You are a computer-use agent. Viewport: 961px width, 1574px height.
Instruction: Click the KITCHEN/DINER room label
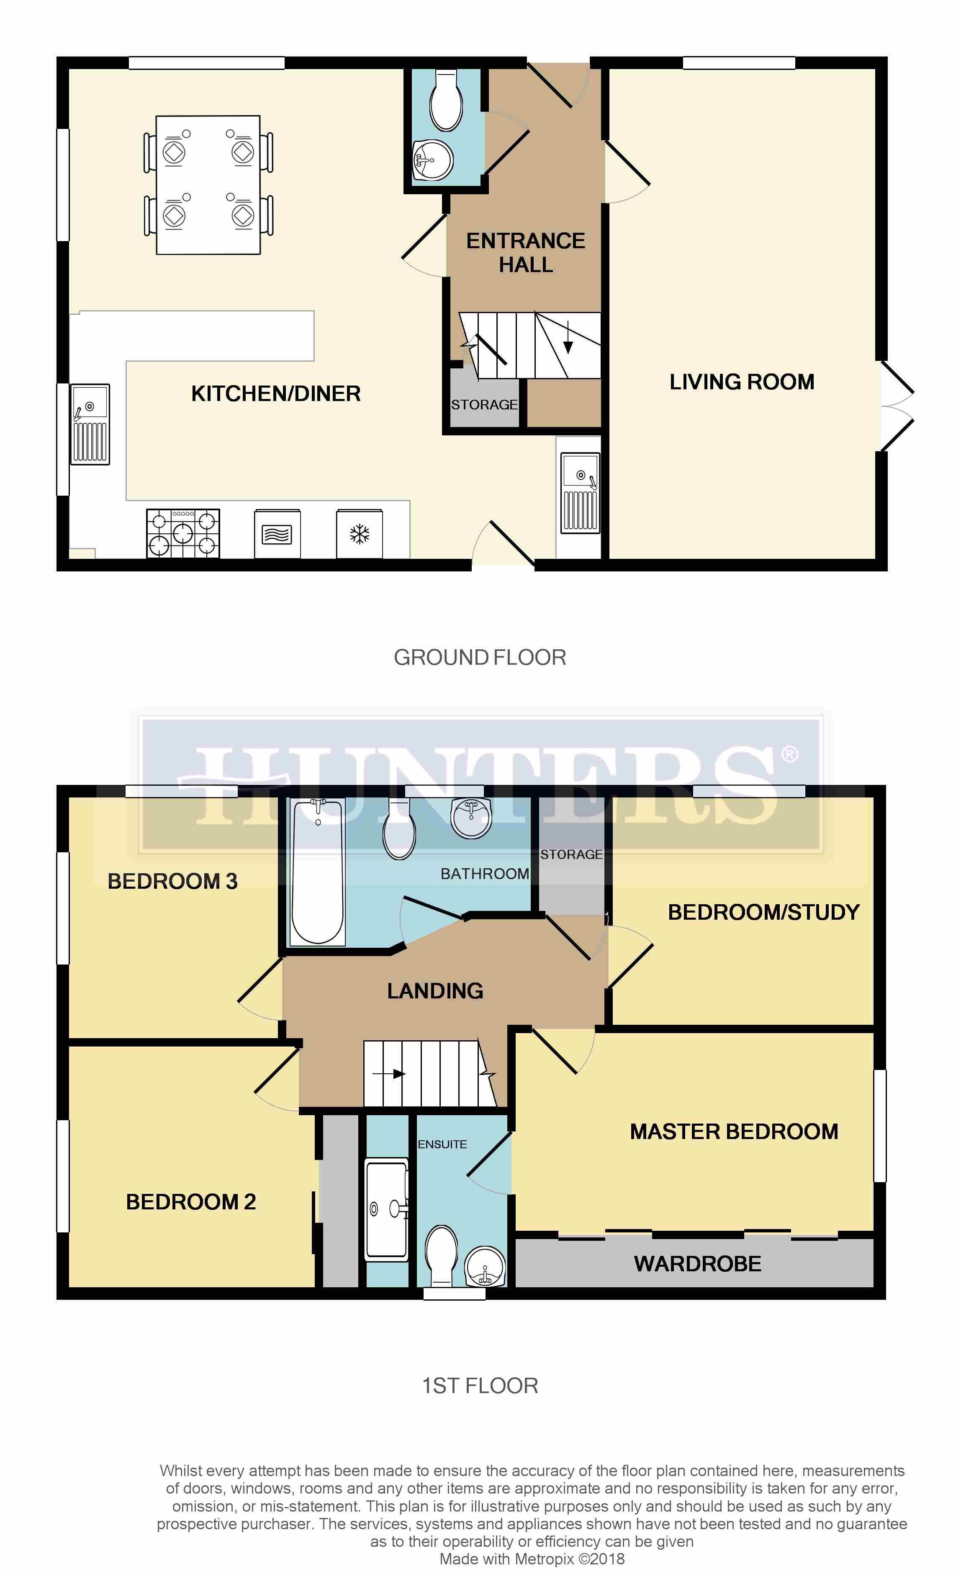coord(276,393)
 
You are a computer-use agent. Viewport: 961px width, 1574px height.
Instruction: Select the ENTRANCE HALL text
coord(526,252)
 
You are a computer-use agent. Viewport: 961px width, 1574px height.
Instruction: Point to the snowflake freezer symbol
coord(360,534)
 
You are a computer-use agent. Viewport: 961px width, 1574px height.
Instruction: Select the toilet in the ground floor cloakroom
coord(446,100)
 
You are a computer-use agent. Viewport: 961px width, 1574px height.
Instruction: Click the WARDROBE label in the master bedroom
coord(697,1263)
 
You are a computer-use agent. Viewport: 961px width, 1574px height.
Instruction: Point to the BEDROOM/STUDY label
coord(764,912)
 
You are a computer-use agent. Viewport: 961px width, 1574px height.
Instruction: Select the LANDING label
coord(435,991)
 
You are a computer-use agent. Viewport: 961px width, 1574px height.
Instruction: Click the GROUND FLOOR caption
coord(480,657)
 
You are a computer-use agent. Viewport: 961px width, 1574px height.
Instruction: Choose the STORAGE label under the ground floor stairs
coord(484,404)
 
